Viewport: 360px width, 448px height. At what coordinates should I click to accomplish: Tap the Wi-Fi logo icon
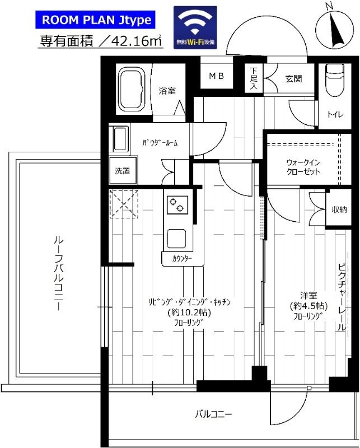click(195, 27)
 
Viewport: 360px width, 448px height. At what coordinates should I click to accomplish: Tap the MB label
click(217, 76)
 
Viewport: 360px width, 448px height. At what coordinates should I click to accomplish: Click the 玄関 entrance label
click(293, 78)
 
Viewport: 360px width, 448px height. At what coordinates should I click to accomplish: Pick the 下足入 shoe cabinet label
click(254, 78)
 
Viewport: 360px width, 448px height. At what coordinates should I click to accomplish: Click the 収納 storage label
click(339, 209)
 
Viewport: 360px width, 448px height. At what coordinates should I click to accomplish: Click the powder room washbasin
click(120, 139)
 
